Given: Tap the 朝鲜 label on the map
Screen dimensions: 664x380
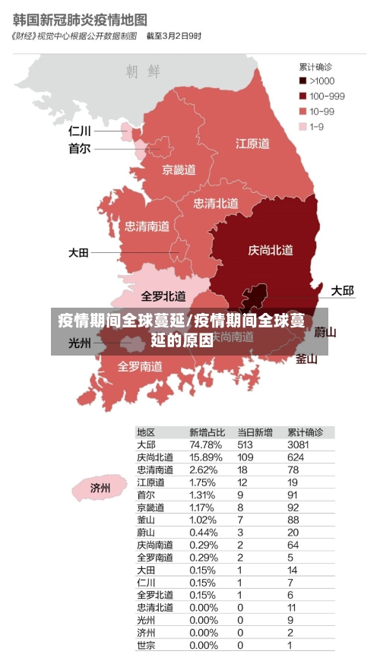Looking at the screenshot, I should click(143, 71).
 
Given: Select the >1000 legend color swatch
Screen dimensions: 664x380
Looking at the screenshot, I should click(302, 81).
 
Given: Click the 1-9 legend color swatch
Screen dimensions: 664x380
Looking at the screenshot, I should click(302, 126).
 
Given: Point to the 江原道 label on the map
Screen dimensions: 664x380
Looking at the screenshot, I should click(252, 143).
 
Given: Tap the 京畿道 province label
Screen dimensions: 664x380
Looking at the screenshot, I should click(179, 169).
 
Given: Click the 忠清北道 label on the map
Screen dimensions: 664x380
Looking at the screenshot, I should click(216, 203).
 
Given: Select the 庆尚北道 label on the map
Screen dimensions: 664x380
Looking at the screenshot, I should click(271, 249).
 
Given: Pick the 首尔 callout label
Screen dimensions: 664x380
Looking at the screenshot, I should click(79, 149).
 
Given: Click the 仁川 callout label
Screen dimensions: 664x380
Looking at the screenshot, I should click(79, 131).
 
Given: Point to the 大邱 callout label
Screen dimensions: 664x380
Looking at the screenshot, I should click(342, 290).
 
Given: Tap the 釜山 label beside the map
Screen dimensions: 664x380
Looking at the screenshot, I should click(306, 359).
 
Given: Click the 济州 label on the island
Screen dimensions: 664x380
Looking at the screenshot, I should click(100, 487).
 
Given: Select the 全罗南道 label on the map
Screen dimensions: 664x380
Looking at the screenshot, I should click(140, 365).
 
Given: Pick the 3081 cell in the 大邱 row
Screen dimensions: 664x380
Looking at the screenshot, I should click(299, 444).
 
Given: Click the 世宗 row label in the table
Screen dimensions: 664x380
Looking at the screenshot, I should click(146, 645).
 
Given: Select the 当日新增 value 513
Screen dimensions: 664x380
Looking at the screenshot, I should click(245, 444).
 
